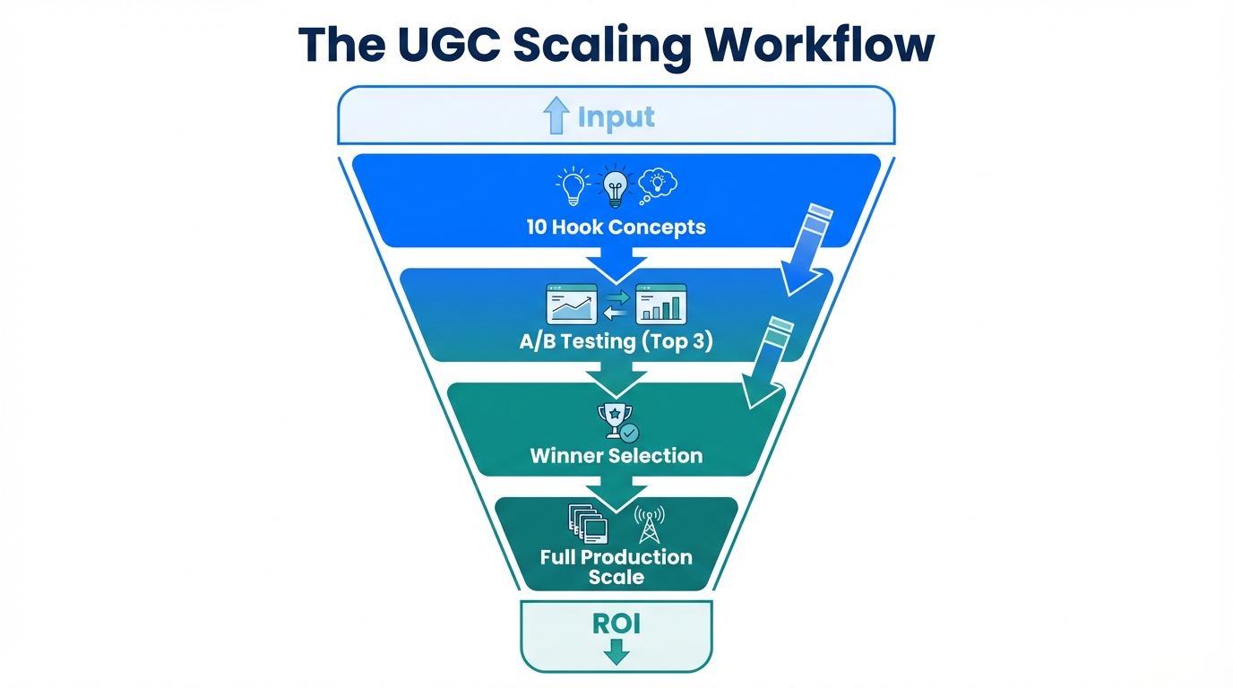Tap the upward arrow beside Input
556,116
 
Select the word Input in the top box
616,116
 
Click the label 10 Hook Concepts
616,227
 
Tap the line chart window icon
571,304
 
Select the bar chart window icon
660,304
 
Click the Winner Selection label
616,455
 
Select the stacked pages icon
587,523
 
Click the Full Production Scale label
616,567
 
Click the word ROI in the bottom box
616,623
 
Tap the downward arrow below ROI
616,654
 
